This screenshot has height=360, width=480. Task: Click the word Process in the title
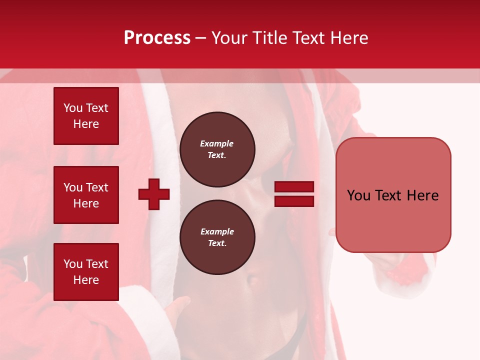[157, 38]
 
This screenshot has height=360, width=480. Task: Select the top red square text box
[86, 116]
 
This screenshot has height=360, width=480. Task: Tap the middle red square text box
[86, 195]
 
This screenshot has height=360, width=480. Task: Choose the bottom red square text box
[86, 272]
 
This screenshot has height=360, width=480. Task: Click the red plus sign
[154, 194]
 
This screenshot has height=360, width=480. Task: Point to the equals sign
[294, 194]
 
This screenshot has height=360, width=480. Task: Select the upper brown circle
[217, 149]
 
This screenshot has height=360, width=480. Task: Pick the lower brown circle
[217, 237]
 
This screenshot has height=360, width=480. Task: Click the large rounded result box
[393, 195]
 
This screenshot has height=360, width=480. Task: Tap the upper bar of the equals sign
[294, 187]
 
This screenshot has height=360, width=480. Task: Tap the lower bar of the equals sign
[294, 201]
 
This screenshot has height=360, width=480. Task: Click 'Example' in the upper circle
[217, 143]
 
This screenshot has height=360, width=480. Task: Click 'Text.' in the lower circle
[217, 243]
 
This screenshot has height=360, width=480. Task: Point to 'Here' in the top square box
[86, 124]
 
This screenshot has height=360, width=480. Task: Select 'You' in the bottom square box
[73, 264]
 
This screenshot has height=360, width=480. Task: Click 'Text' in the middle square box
[97, 187]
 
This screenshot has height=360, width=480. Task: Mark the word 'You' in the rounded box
[358, 195]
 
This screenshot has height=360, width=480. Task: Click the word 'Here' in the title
[349, 38]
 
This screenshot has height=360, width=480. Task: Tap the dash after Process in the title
[200, 38]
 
